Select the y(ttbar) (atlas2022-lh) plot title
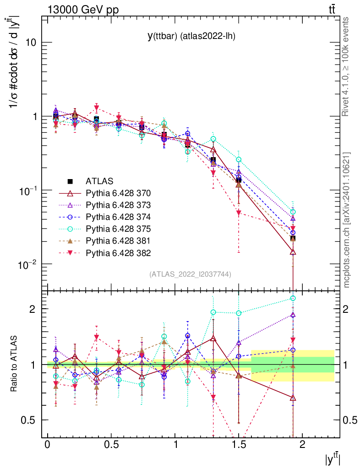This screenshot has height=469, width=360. [191, 36]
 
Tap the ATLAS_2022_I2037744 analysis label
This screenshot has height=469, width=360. [190, 274]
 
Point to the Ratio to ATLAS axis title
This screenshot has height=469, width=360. [14, 365]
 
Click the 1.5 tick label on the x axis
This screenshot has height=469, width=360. [238, 445]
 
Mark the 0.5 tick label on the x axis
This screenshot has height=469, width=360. [111, 445]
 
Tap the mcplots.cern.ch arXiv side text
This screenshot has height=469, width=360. [347, 220]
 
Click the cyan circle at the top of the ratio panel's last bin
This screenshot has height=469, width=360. [293, 298]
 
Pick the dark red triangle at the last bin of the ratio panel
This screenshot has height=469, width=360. [293, 398]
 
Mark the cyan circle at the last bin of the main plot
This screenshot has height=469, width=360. [293, 212]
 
